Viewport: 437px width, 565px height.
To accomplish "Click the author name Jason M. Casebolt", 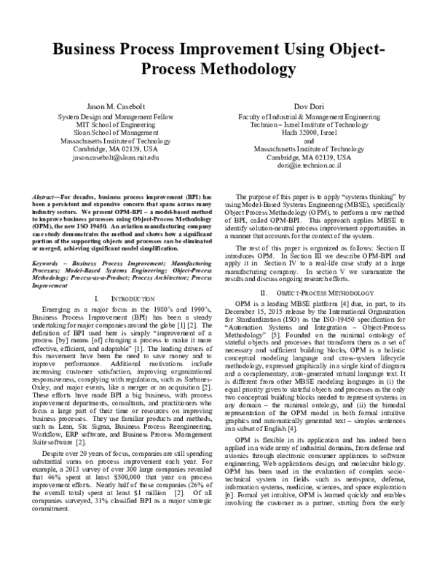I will click(x=107, y=107).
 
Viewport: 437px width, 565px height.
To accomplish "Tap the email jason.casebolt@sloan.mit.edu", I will click(x=107, y=157).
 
